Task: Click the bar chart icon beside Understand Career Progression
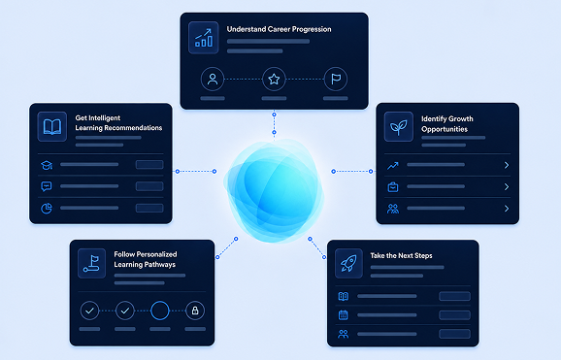204,38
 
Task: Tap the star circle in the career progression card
274,80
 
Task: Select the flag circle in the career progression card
336,80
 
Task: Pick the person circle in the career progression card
213,80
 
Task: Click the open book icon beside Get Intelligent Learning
52,127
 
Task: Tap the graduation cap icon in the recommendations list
47,165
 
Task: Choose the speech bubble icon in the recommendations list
47,186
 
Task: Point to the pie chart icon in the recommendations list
47,208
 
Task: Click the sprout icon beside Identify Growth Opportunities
399,127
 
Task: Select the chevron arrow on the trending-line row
507,165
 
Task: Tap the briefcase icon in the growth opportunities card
393,187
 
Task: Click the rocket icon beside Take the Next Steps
348,263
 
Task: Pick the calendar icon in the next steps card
344,315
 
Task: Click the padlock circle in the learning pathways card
195,311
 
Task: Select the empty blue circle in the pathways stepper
160,311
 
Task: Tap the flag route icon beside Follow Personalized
91,263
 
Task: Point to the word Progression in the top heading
311,29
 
